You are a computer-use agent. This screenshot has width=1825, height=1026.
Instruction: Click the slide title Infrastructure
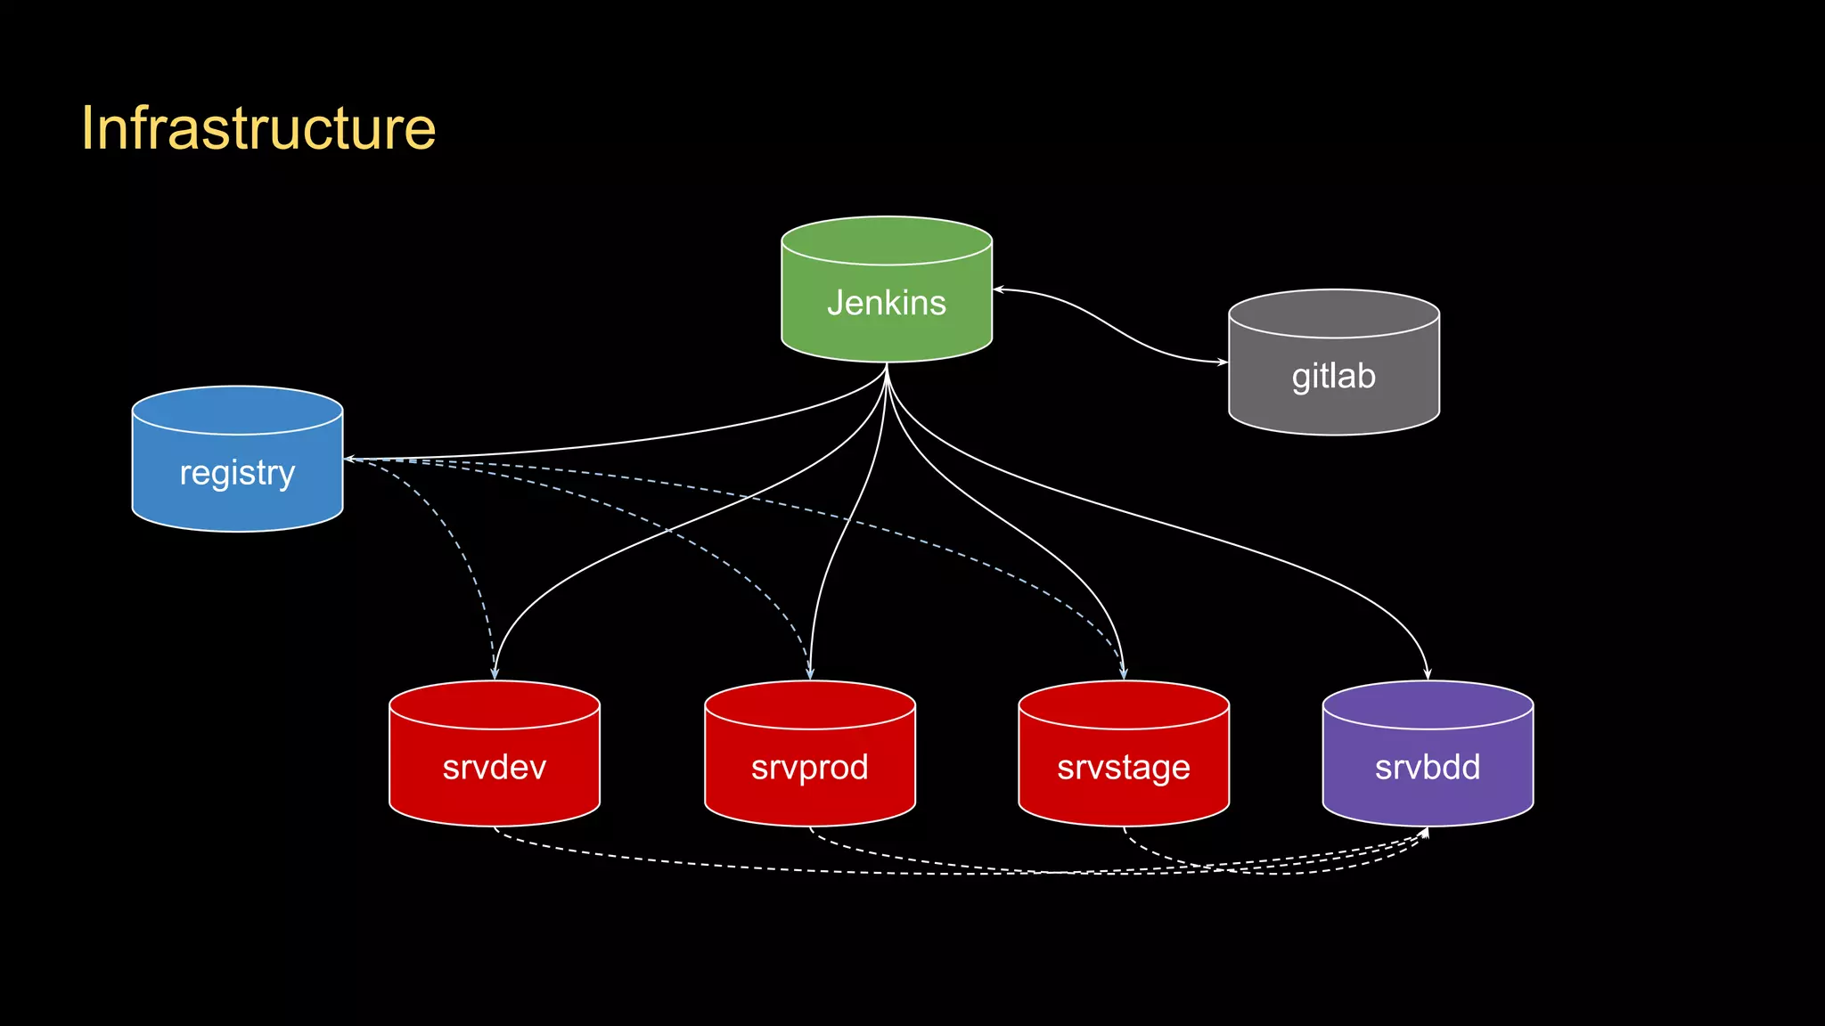258,128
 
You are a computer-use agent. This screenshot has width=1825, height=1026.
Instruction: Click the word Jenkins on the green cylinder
887,303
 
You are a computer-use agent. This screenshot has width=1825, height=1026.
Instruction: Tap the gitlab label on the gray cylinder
1333,376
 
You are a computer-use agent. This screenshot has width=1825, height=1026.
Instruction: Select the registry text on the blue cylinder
237,473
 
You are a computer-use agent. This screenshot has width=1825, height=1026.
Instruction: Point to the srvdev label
495,767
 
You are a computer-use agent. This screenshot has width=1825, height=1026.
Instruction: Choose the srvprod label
809,767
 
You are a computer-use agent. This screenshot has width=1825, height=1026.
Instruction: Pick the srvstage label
1124,767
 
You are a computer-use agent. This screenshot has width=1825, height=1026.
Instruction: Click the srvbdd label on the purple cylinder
1428,767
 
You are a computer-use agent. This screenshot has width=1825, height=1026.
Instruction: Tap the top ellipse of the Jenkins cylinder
887,240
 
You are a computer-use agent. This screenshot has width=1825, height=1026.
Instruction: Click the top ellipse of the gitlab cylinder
1333,313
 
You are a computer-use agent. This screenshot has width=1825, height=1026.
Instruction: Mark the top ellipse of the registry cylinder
237,410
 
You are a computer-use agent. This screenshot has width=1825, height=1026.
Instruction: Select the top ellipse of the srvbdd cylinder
1428,704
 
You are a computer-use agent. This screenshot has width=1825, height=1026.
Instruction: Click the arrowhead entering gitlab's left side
1222,362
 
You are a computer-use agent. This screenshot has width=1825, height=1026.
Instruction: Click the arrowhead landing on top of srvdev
495,673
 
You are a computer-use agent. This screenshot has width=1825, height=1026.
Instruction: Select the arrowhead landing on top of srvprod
810,673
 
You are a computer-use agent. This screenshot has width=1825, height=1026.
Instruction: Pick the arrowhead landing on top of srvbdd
1428,673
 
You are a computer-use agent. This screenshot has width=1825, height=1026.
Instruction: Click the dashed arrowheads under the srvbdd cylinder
1424,834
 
